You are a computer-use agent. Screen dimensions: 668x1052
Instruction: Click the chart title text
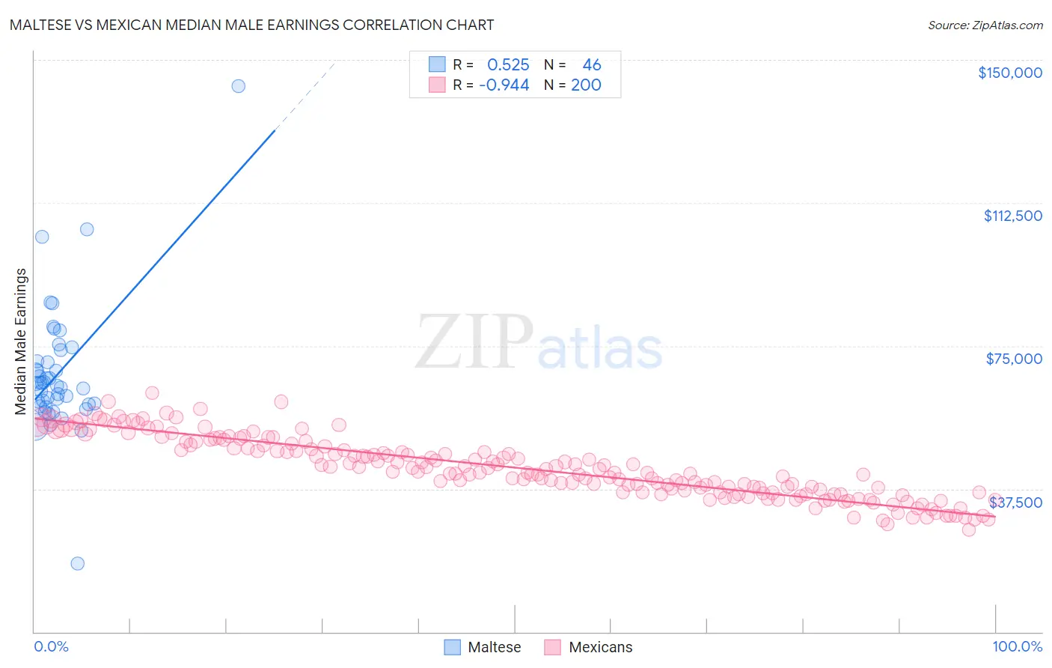point(251,25)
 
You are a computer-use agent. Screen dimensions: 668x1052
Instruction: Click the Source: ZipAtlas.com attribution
point(985,25)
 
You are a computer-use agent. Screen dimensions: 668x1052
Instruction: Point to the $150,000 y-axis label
point(1009,73)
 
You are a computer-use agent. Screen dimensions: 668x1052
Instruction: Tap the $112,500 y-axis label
point(1012,216)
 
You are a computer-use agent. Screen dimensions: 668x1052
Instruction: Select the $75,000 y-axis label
point(1014,359)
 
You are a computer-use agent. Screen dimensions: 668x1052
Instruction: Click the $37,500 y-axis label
point(1015,502)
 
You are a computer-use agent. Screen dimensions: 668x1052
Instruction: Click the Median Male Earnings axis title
point(21,341)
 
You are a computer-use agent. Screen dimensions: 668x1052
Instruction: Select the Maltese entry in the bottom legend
point(483,647)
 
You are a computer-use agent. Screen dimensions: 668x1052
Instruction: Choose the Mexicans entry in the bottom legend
point(588,647)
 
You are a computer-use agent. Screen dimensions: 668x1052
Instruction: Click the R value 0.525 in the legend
point(508,65)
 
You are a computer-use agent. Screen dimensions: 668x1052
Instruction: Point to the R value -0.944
point(504,85)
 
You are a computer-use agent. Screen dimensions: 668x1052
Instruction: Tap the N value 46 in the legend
point(591,65)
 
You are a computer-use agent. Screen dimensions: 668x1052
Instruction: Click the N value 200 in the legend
point(586,85)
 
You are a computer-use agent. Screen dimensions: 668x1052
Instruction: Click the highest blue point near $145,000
point(238,86)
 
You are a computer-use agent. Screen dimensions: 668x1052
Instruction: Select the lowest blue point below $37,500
point(77,563)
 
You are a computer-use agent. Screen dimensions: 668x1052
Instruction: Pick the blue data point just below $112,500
point(87,229)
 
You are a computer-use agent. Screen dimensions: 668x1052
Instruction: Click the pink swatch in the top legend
point(437,85)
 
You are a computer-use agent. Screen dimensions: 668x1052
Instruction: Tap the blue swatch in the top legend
point(437,65)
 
